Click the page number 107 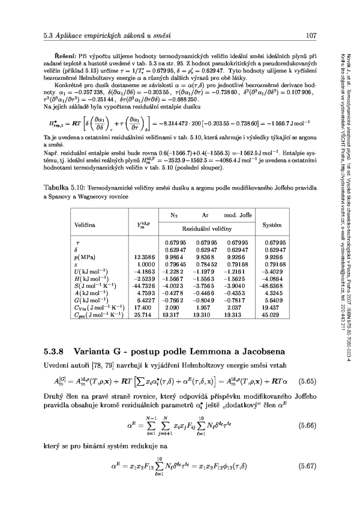click(311, 35)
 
